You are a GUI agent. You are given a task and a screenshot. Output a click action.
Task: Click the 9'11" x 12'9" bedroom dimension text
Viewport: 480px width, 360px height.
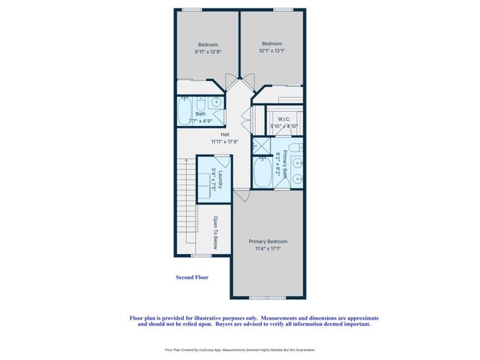(208, 51)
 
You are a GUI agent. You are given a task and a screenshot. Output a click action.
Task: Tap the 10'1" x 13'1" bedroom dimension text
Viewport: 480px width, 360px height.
(271, 51)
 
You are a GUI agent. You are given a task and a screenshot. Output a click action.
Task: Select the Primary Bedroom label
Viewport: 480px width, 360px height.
(268, 241)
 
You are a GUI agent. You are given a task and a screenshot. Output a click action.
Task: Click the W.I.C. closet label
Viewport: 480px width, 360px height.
(284, 118)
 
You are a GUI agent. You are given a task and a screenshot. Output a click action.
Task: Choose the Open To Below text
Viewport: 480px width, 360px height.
(214, 232)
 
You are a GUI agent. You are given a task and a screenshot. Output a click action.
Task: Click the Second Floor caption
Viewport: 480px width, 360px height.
(191, 277)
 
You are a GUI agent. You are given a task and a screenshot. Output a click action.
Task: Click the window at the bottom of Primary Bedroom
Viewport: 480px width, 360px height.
(268, 298)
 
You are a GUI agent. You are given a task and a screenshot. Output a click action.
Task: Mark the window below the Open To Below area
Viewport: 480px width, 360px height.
(200, 256)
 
